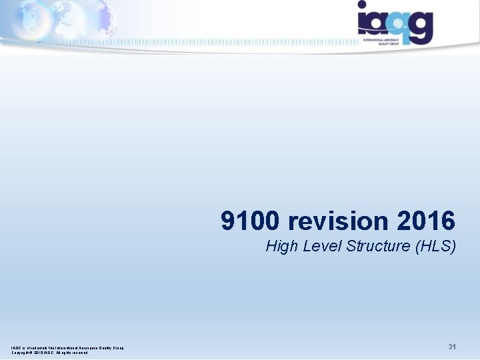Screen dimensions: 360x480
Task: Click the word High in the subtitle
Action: tap(281, 246)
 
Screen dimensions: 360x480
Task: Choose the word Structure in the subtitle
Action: tap(378, 246)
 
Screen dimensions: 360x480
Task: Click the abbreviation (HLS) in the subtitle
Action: tap(435, 246)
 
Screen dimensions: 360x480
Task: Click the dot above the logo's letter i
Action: tap(363, 5)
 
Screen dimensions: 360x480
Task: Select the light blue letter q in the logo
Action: tap(396, 25)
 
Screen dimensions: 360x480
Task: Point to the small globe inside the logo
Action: tap(398, 23)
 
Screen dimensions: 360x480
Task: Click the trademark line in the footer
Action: tap(67, 347)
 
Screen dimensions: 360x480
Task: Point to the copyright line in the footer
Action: tap(49, 353)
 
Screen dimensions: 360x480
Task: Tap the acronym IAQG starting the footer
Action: tap(15, 347)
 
